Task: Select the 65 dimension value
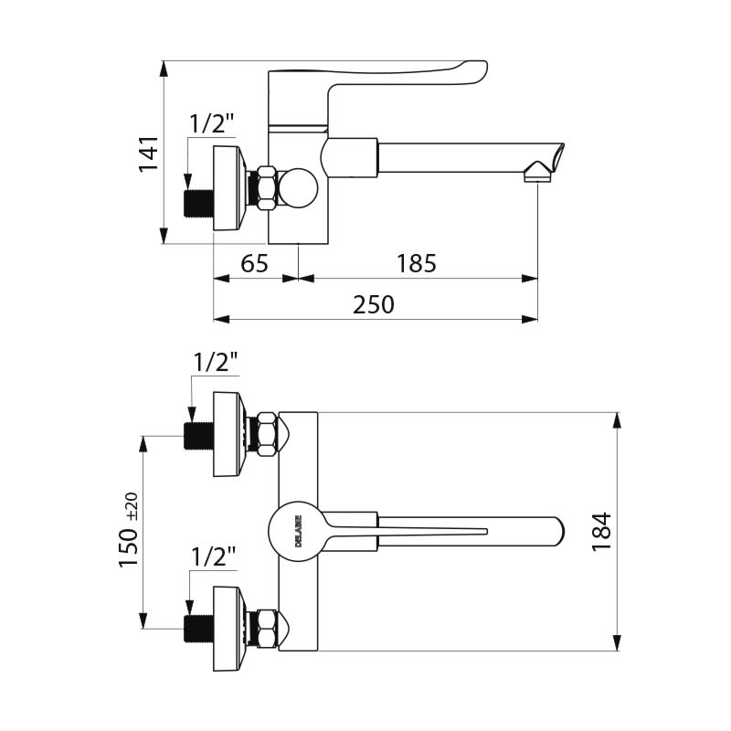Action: (254, 264)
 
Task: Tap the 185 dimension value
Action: (417, 264)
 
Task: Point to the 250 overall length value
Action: (374, 304)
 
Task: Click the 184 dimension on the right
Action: (601, 531)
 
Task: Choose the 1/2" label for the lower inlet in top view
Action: (213, 555)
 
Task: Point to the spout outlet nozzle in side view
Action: (538, 172)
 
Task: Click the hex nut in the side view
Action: (266, 188)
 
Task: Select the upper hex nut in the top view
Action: (267, 434)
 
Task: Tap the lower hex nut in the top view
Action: (267, 629)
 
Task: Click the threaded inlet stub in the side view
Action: (198, 203)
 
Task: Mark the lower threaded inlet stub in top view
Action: (198, 629)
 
